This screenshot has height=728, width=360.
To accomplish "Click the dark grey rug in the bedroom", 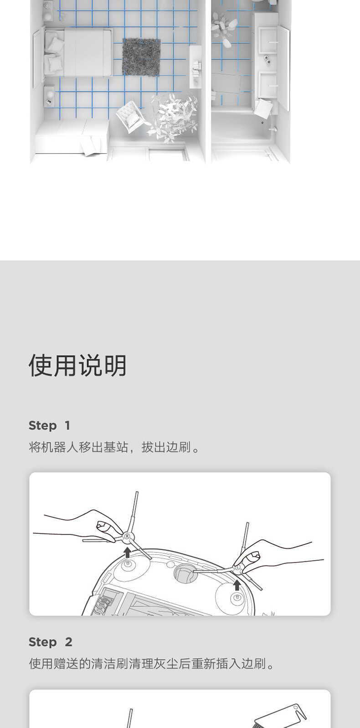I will pos(141,57).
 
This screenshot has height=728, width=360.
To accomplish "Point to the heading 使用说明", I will pos(77,365).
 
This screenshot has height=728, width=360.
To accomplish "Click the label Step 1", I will pos(49,425).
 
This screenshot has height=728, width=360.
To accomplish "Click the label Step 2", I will pos(50,642).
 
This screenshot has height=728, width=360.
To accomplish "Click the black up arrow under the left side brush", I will pos(128,552).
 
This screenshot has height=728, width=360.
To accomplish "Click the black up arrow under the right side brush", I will pos(237,584).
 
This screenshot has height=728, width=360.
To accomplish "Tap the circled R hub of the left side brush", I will pos(127,537).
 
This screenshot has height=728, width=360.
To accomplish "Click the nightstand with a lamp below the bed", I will pos(49,97).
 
